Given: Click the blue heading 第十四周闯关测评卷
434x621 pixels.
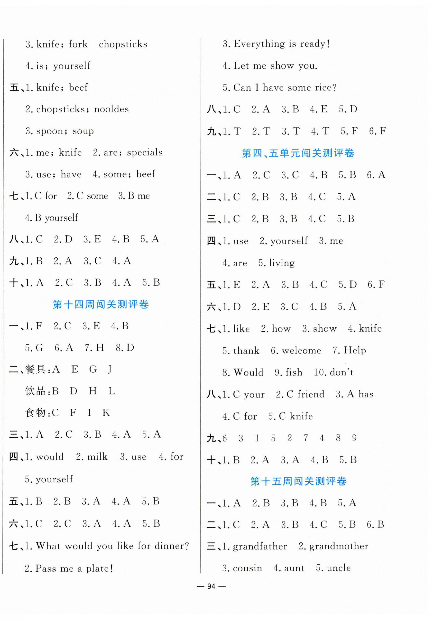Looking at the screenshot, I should click(x=101, y=304).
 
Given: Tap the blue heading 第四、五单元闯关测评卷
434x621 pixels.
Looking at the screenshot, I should click(x=298, y=153).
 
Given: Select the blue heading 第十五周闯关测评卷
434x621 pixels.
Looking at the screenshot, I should click(x=298, y=481).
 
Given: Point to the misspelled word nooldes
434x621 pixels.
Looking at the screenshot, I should click(x=111, y=109).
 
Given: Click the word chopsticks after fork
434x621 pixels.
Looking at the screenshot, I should click(x=123, y=44).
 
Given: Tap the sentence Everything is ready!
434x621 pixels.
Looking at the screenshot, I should click(x=282, y=44).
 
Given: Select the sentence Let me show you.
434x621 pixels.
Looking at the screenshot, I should click(x=275, y=66).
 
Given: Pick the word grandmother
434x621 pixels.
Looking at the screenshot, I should click(x=339, y=546).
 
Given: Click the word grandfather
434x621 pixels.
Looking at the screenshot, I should click(x=260, y=546).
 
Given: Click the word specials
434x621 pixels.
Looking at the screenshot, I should click(x=145, y=153).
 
